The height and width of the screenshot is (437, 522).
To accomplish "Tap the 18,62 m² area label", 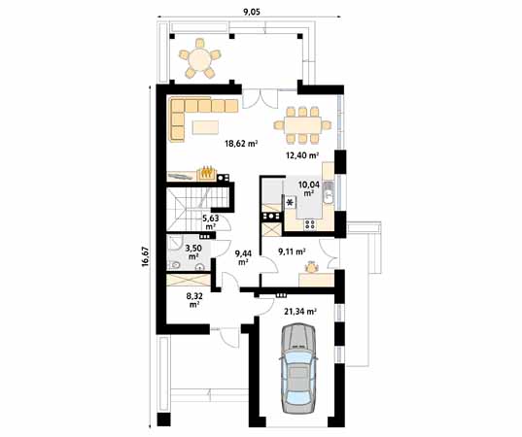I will (240, 144).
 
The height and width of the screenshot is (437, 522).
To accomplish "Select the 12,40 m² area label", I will (302, 154).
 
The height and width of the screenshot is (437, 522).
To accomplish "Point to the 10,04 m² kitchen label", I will (308, 187).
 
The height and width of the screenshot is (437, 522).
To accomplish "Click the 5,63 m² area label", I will (210, 222).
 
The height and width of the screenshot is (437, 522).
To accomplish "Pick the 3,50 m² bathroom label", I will (193, 252).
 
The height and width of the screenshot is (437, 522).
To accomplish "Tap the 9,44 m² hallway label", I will (242, 257).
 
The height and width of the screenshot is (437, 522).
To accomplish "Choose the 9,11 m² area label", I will (292, 252).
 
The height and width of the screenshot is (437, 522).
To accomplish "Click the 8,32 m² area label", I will (194, 300).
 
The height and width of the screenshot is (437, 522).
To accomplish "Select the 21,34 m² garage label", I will (300, 312).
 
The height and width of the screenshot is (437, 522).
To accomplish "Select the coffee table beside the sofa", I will (207, 125).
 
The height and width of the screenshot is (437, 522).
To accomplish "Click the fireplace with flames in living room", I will (206, 173).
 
